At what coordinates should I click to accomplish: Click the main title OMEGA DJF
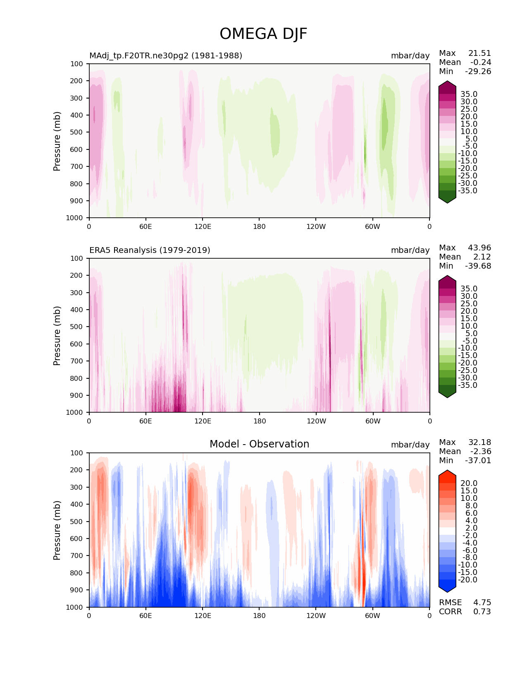pos(263,34)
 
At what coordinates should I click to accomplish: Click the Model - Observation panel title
pos(259,444)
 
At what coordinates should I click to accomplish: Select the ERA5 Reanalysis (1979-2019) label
pos(150,250)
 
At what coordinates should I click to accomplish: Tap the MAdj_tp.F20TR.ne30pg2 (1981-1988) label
pos(166,55)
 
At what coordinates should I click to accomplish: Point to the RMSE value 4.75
pos(482,602)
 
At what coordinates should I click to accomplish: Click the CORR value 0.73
pos(482,611)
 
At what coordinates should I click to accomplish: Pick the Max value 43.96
pos(479,248)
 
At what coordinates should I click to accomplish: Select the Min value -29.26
pos(478,71)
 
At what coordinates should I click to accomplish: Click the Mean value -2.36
pos(481,451)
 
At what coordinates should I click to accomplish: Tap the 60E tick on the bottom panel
pos(145,616)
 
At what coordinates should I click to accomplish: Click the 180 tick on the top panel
pos(259,226)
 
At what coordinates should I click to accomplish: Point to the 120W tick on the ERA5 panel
pos(316,421)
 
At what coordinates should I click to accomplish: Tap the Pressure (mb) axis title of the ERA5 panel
pos(57,335)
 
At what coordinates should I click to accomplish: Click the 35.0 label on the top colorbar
pos(469,94)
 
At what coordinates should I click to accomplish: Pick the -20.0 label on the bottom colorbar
pos(467,580)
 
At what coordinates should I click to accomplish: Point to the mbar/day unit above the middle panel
pos(410,250)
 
